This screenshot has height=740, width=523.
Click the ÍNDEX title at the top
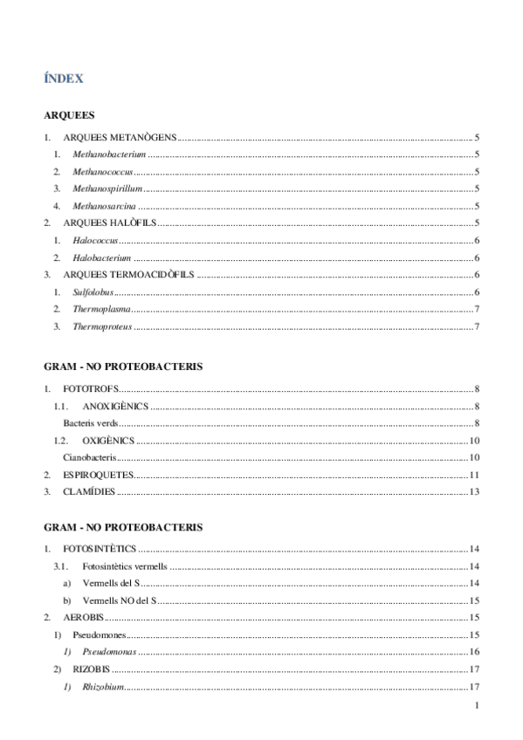point(64,79)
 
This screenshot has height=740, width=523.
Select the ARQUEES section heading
point(69,115)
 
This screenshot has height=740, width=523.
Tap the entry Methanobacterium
point(109,154)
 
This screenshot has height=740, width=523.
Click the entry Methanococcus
point(102,172)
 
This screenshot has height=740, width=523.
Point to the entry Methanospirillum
point(107,188)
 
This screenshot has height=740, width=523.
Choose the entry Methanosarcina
point(104,206)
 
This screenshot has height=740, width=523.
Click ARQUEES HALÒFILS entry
point(108,223)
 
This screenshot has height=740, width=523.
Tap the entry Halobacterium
point(101,257)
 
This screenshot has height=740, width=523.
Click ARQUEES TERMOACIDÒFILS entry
point(127,275)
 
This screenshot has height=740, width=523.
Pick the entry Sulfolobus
point(93,292)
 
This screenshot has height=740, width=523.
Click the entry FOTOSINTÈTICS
point(100,549)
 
